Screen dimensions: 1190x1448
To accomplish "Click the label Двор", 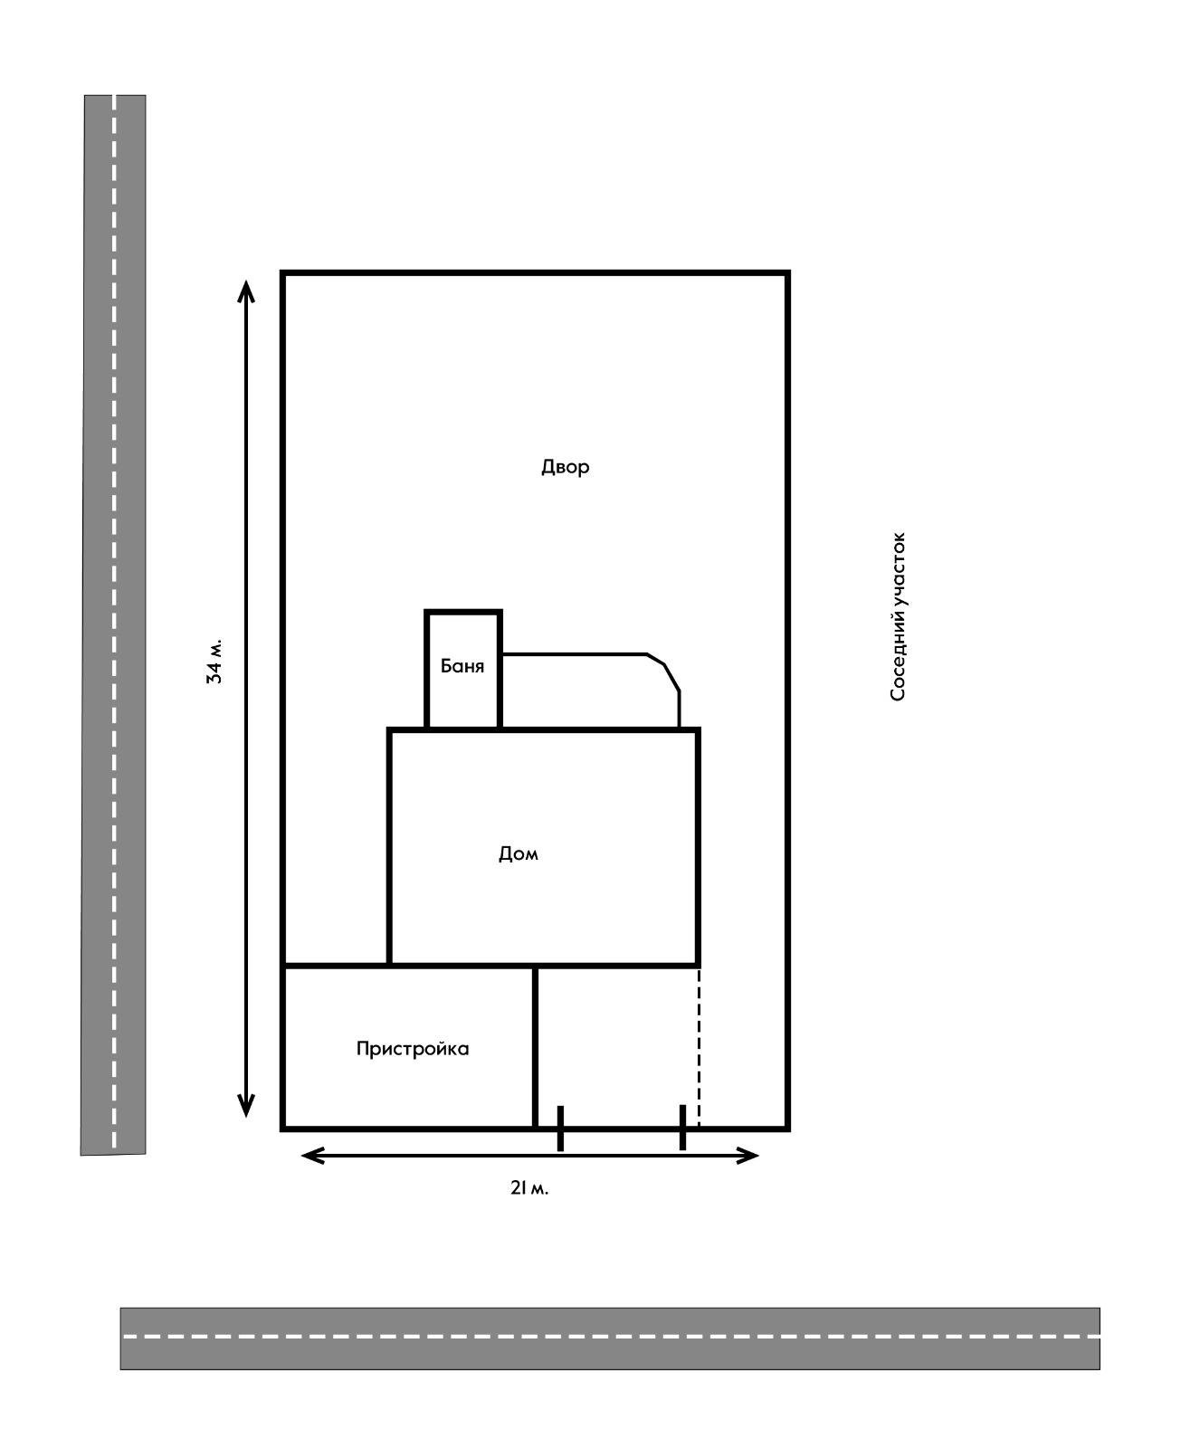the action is pos(565,468).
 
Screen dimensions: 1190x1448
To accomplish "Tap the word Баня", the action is pos(462,666).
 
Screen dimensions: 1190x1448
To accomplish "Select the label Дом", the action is pos(519,854).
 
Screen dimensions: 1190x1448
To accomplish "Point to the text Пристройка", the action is pos(412,1048).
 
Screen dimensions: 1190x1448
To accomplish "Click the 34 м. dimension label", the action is pos(214,662).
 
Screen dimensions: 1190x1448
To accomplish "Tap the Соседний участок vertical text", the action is pos(898,616).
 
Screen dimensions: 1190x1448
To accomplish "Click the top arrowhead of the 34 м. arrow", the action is pos(246,291).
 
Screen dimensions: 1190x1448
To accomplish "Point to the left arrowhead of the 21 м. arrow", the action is pos(313,1156).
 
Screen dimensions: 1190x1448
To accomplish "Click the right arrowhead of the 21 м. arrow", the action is pos(747,1156).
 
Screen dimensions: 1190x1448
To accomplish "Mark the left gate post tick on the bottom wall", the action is pos(560,1128).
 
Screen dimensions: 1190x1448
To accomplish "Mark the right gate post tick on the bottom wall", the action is pos(682,1128).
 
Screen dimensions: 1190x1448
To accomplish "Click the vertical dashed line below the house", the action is pos(699,1048).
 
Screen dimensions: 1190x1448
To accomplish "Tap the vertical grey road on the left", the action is pos(113,624).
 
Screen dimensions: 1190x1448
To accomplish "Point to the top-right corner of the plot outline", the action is pos(787,272).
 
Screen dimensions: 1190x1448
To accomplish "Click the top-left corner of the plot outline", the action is pos(283,272).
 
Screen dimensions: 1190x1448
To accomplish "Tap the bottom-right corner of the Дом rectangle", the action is pos(698,965).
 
